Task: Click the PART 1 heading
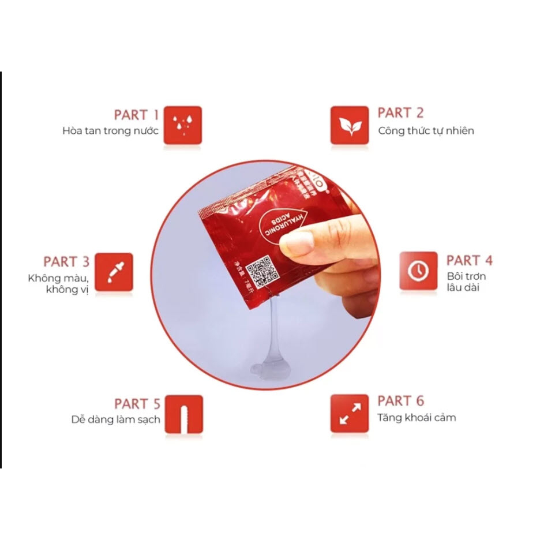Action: coord(136,115)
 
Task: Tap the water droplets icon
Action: coord(182,125)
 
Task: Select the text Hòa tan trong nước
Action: coord(110,131)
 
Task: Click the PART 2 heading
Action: coord(400,113)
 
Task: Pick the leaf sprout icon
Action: coord(349,125)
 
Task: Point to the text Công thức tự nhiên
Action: coord(426,131)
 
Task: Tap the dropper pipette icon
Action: coord(114,272)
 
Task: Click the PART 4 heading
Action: coord(470,261)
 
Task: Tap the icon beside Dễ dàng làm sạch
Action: coord(183,414)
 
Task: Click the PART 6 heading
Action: coord(400,401)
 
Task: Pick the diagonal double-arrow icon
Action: coord(349,413)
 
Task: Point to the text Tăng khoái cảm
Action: coord(417,418)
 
